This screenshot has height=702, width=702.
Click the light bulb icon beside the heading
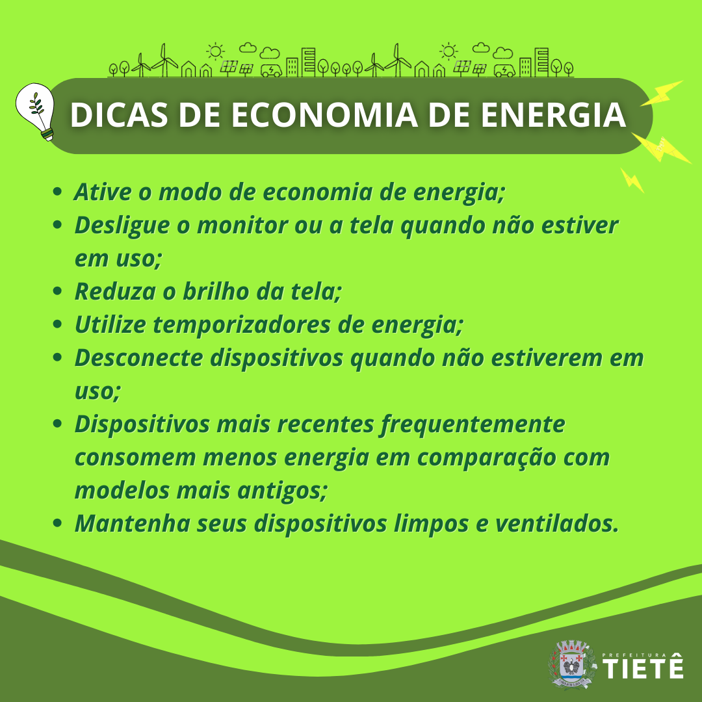35,112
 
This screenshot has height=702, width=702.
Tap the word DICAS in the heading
119,115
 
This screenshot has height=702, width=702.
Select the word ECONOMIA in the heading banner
324,115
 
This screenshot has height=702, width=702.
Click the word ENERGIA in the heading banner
553,115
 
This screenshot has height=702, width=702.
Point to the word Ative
103,192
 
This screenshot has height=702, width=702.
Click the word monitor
242,225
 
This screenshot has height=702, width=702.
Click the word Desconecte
138,357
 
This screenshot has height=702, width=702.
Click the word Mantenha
132,523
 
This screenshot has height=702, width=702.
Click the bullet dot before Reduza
57,291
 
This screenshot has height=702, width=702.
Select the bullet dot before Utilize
57,324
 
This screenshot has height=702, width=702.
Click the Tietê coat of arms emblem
572,664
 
